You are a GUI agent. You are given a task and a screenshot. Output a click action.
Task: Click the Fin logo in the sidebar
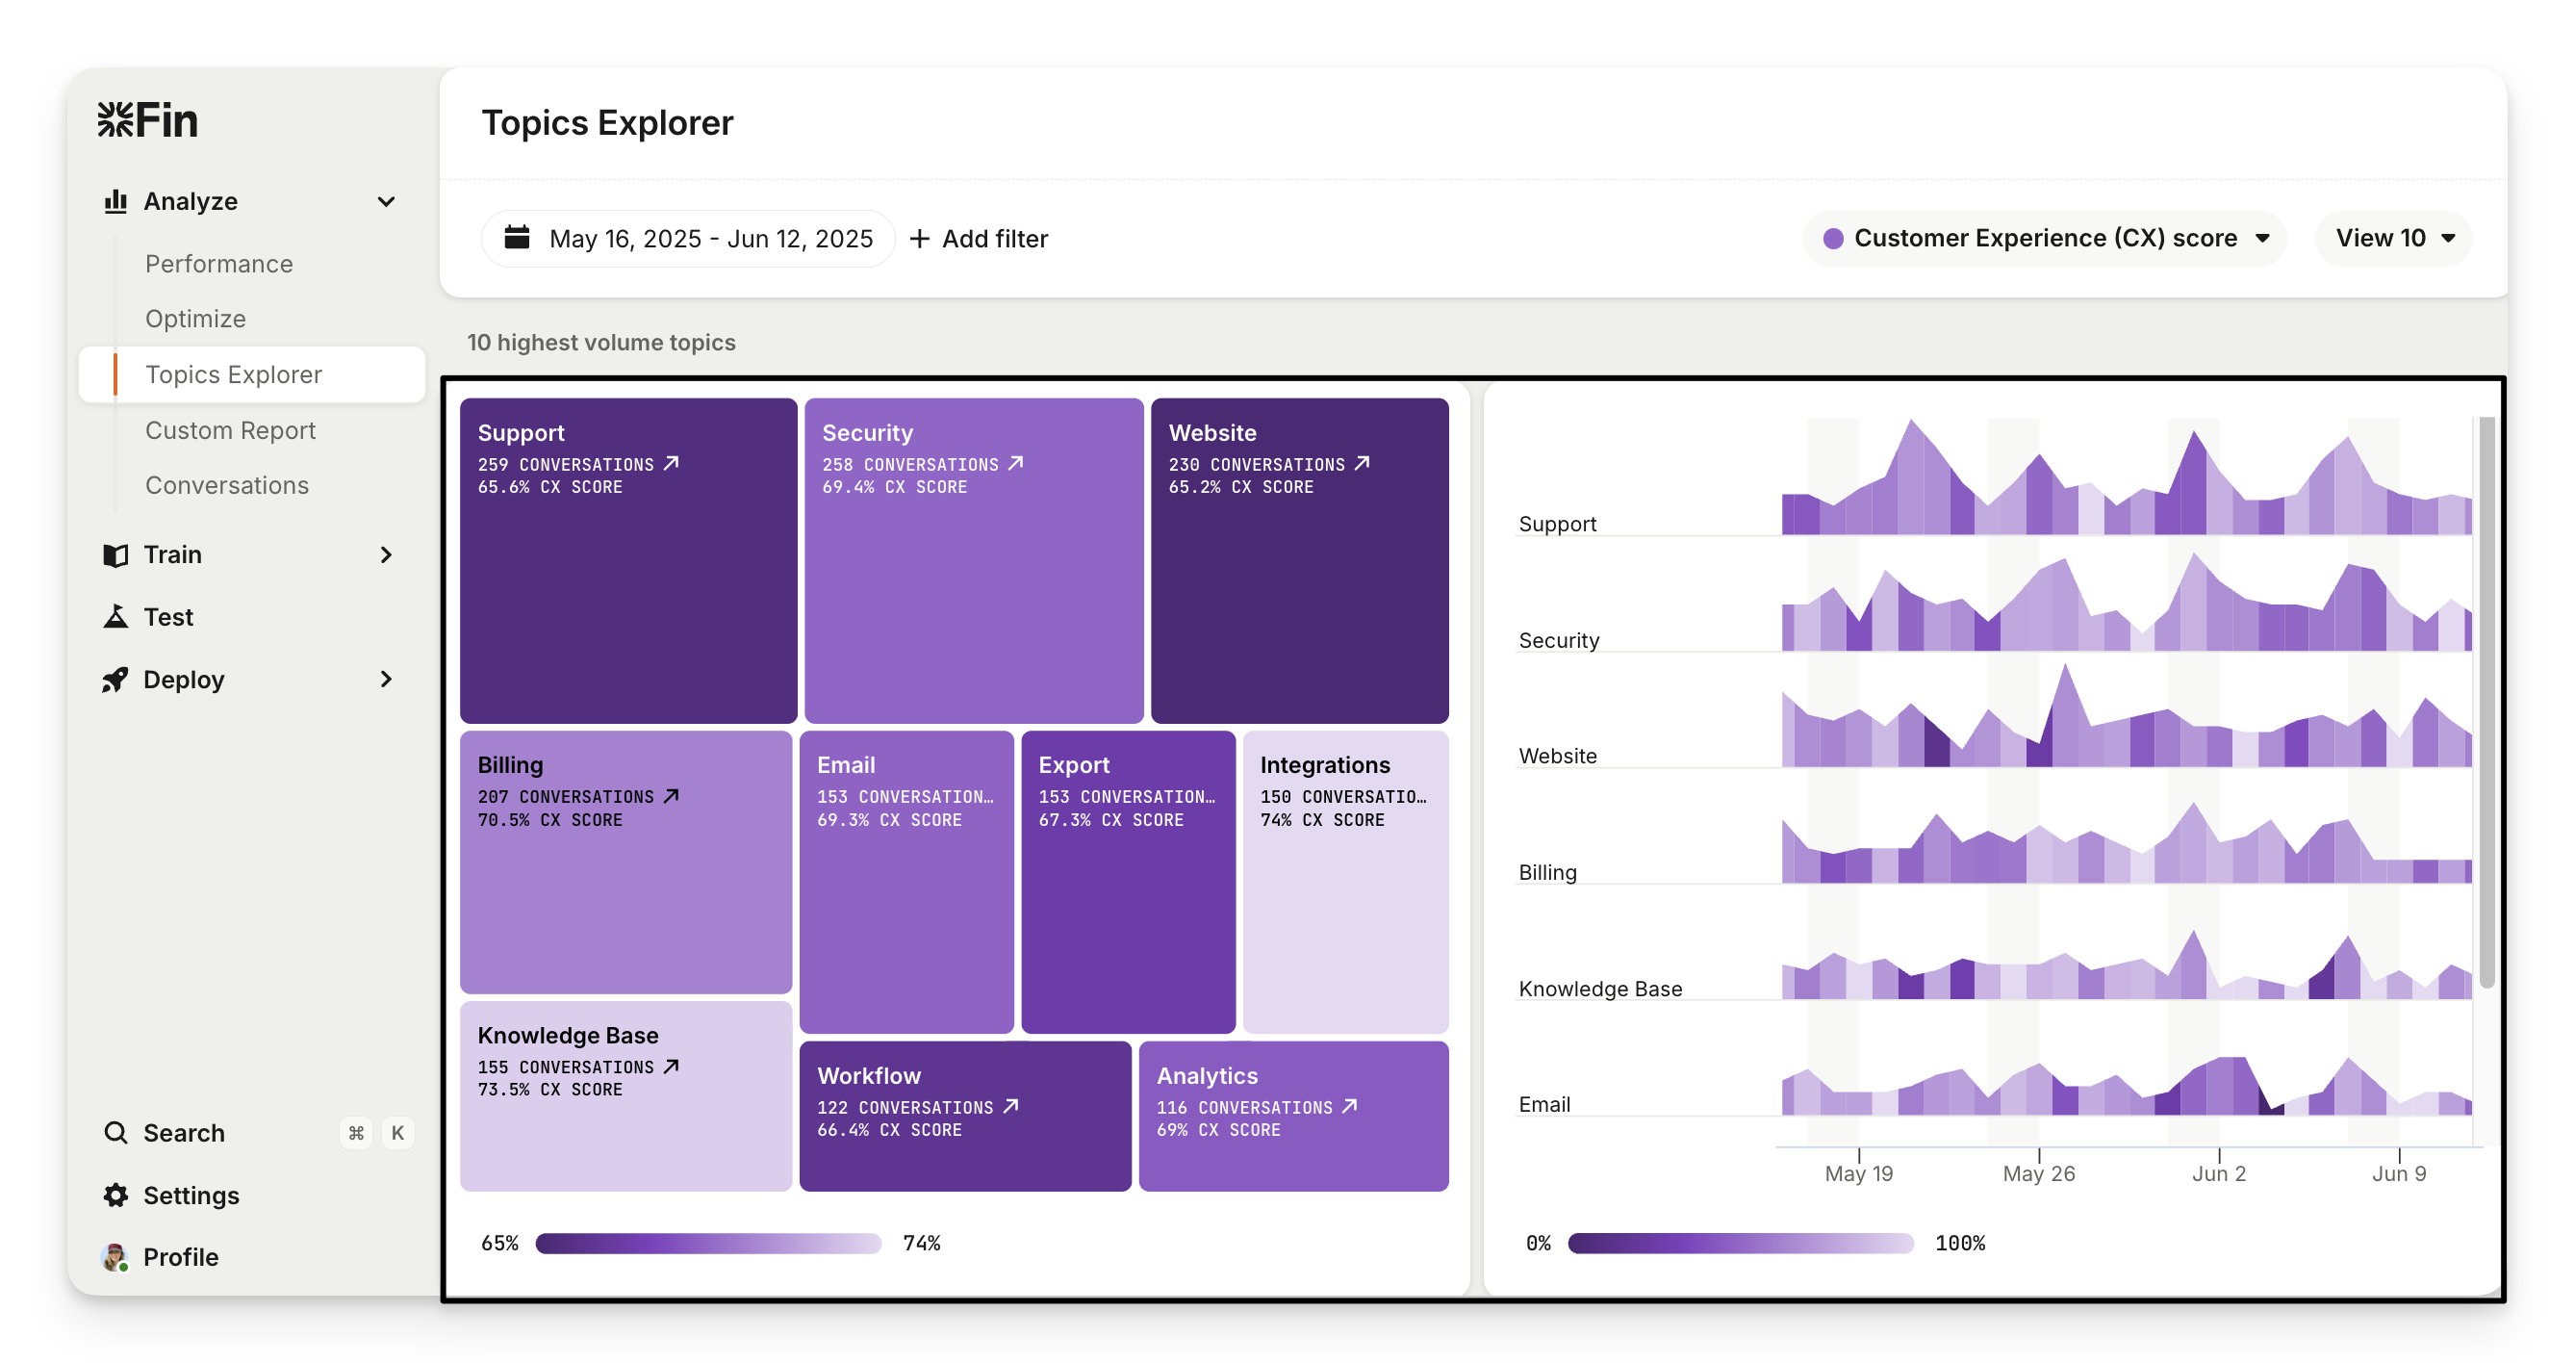(148, 120)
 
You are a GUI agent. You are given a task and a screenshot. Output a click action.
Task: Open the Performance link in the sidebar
(219, 264)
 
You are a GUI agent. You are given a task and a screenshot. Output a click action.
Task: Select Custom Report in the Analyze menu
(230, 430)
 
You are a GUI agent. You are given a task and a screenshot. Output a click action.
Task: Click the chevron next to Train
(386, 555)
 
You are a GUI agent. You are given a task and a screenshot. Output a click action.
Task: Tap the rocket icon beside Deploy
(116, 680)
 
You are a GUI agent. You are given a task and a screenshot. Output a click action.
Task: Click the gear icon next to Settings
(116, 1195)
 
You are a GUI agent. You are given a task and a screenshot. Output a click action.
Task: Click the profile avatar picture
(115, 1257)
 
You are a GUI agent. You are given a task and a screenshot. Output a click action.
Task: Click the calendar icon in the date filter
(517, 238)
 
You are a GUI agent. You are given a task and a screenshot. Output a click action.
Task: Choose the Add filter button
(979, 239)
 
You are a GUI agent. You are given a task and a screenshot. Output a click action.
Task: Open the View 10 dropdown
(2393, 238)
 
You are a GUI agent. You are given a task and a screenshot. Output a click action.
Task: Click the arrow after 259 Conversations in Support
(672, 463)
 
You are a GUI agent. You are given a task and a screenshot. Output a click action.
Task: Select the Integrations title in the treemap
(1324, 765)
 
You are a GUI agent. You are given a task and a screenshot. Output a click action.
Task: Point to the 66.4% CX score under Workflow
(889, 1130)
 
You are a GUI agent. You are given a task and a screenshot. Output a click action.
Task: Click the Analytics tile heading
(1207, 1076)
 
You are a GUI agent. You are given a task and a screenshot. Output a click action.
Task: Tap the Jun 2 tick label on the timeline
(2218, 1173)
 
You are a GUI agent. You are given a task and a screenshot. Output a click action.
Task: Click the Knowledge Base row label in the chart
(1599, 989)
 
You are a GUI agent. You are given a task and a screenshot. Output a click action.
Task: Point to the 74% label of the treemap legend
(921, 1243)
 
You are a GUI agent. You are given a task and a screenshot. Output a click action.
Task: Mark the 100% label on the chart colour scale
(1959, 1243)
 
